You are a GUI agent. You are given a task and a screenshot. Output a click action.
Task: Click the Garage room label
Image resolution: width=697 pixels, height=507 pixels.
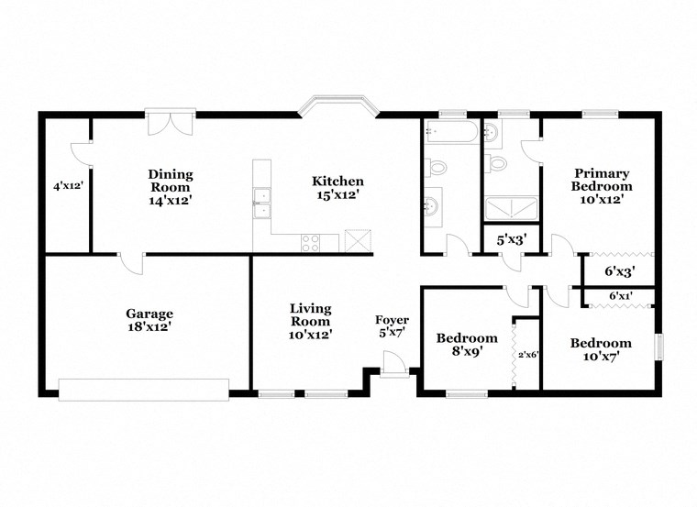coord(149,314)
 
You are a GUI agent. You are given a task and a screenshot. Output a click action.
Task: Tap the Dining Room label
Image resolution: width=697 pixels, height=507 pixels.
coord(171,180)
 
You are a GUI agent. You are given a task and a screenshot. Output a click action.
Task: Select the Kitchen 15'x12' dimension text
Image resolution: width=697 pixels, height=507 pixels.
coord(337,194)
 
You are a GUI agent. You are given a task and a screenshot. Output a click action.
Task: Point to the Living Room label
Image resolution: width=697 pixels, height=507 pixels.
coord(310,314)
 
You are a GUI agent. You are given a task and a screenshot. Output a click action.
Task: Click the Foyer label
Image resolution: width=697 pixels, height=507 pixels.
coord(393,319)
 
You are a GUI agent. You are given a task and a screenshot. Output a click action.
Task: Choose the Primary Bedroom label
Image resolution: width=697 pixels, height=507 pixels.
coord(602,179)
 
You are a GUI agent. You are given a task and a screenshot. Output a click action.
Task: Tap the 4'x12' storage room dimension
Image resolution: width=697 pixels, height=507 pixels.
coord(69,187)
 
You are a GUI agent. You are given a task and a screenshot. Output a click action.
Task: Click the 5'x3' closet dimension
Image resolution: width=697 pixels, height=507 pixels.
coord(512,240)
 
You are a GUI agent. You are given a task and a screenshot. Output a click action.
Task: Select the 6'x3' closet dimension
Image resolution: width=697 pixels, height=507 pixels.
coord(619,271)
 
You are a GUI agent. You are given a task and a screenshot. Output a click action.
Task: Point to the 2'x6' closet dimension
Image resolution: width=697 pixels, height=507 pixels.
coord(528,355)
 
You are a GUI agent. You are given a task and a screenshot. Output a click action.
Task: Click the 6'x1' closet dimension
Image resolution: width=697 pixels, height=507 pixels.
coord(620,294)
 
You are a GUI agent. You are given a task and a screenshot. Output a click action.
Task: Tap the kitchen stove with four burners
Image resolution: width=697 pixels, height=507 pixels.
coord(311,243)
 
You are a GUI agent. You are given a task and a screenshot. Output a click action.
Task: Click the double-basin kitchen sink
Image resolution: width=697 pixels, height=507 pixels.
coord(261,203)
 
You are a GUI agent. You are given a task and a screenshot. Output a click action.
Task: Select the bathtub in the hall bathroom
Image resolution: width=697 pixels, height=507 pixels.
coord(451,131)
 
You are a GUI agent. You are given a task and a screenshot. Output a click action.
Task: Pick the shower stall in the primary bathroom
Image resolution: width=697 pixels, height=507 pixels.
coord(511,208)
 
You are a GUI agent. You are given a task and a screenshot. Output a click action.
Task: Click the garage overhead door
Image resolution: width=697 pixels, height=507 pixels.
coord(144,390)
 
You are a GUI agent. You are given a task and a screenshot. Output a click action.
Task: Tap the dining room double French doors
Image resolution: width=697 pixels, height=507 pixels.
coord(171,121)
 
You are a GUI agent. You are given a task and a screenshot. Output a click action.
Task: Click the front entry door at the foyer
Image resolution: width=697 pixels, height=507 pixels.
coord(394,364)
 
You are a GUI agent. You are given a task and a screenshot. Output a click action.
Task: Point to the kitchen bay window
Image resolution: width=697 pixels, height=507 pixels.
coord(337,105)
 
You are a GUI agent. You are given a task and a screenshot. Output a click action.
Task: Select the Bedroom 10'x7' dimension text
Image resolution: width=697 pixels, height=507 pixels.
coord(601,356)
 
